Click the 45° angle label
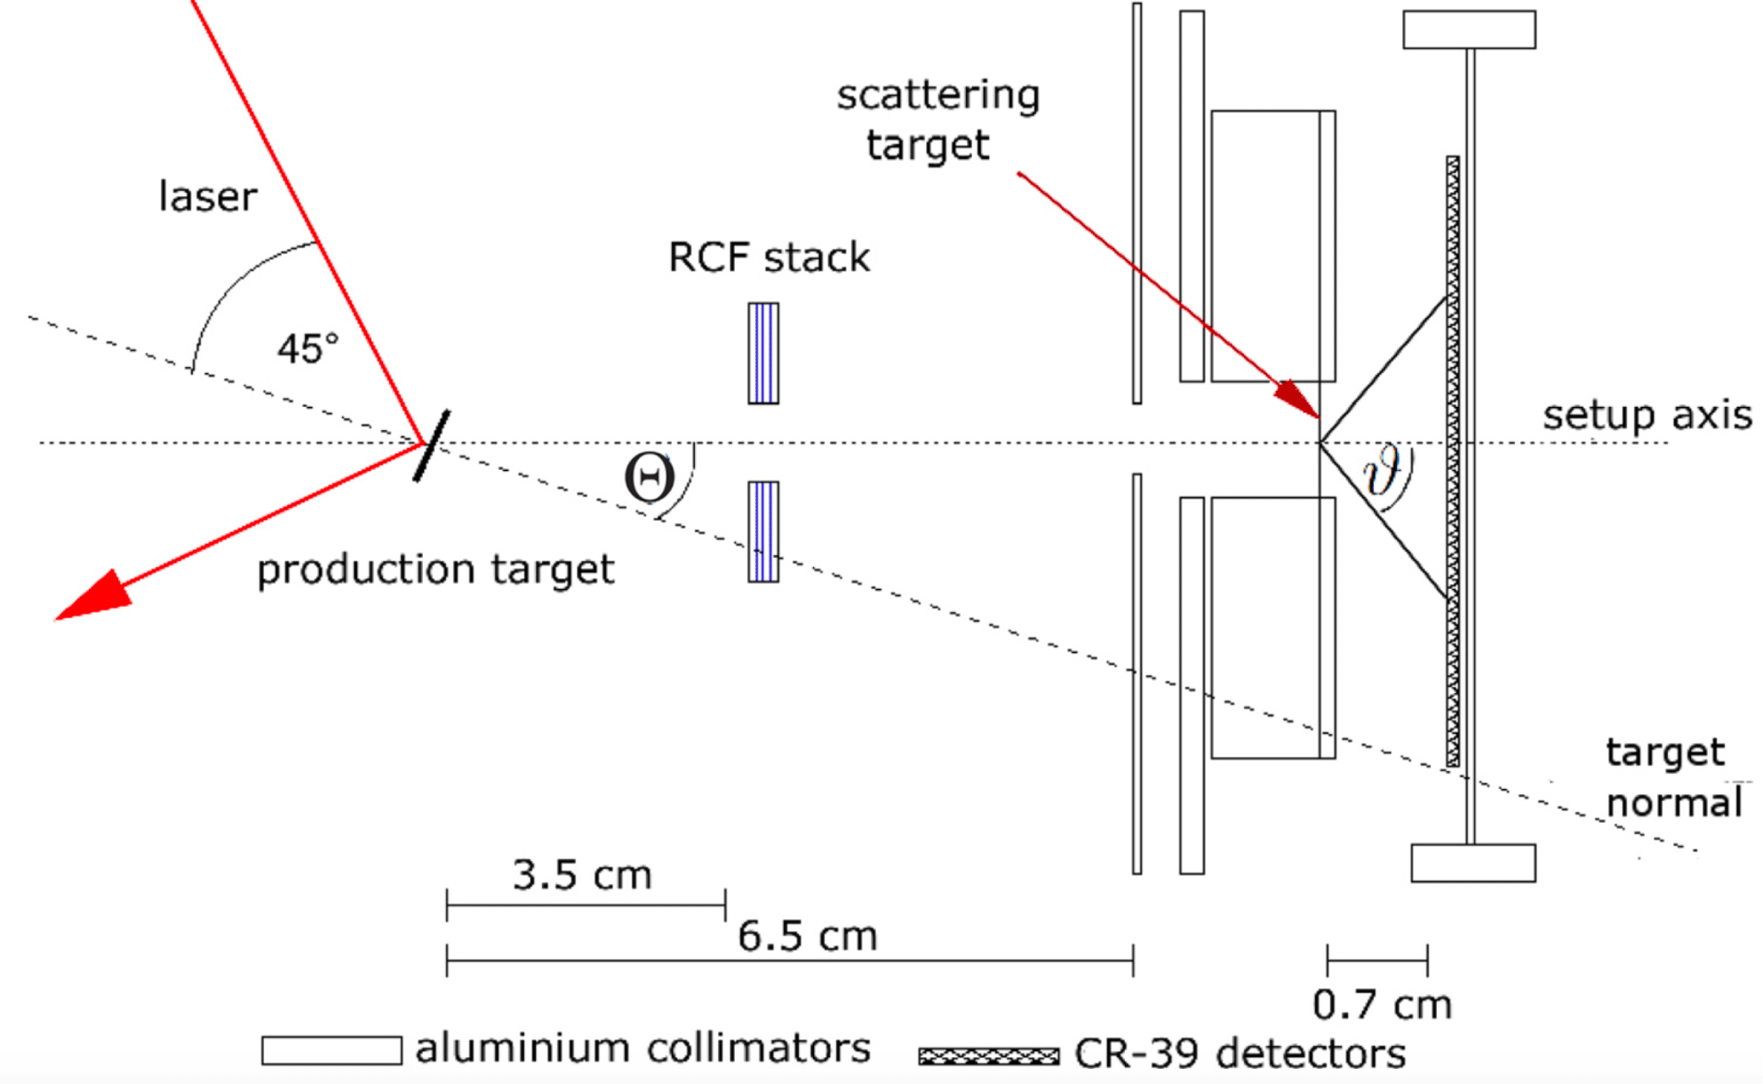(x=307, y=348)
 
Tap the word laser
(x=208, y=196)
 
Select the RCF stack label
(x=769, y=258)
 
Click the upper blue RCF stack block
(x=763, y=354)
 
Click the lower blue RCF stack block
(x=763, y=532)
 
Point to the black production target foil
(x=432, y=445)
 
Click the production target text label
(x=435, y=570)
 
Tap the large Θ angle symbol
(x=650, y=478)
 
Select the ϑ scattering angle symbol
(x=1384, y=471)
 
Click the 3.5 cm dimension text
(x=582, y=875)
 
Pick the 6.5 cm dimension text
(x=808, y=936)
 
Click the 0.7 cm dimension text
(x=1382, y=1005)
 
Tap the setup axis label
(x=1647, y=415)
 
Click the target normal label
(x=1671, y=777)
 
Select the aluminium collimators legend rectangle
(x=331, y=1050)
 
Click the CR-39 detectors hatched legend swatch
(x=989, y=1056)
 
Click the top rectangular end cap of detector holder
(x=1469, y=29)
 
